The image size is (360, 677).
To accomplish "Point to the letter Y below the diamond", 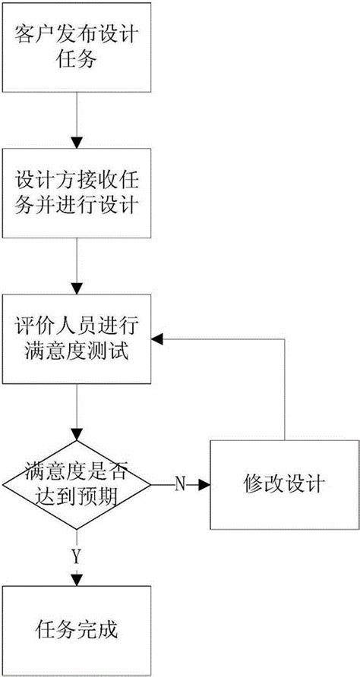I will pos(76,556).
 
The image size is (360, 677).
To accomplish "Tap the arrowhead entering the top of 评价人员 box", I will pos(76,288).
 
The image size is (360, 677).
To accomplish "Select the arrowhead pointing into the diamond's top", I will pos(76,434).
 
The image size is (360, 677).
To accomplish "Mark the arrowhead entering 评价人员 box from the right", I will pos(157,339).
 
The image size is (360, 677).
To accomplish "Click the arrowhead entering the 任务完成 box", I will pos(76,581).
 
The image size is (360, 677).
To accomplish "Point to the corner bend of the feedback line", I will pos(284,339).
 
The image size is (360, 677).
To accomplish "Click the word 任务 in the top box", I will pos(76,61).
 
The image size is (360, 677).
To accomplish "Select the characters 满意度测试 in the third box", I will pos(76,354).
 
